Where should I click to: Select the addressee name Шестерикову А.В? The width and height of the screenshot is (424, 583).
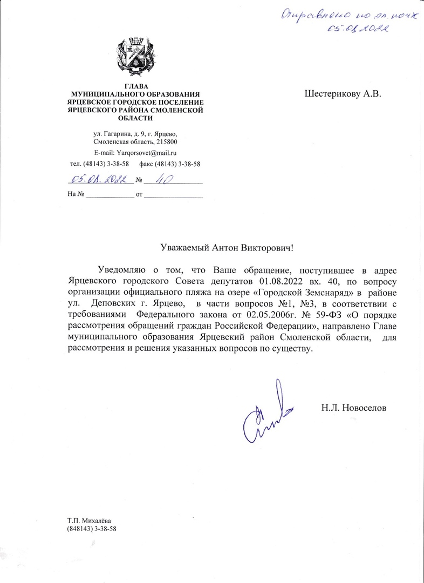[x=343, y=93]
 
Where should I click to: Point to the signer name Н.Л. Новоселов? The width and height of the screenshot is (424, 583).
[x=354, y=407]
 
